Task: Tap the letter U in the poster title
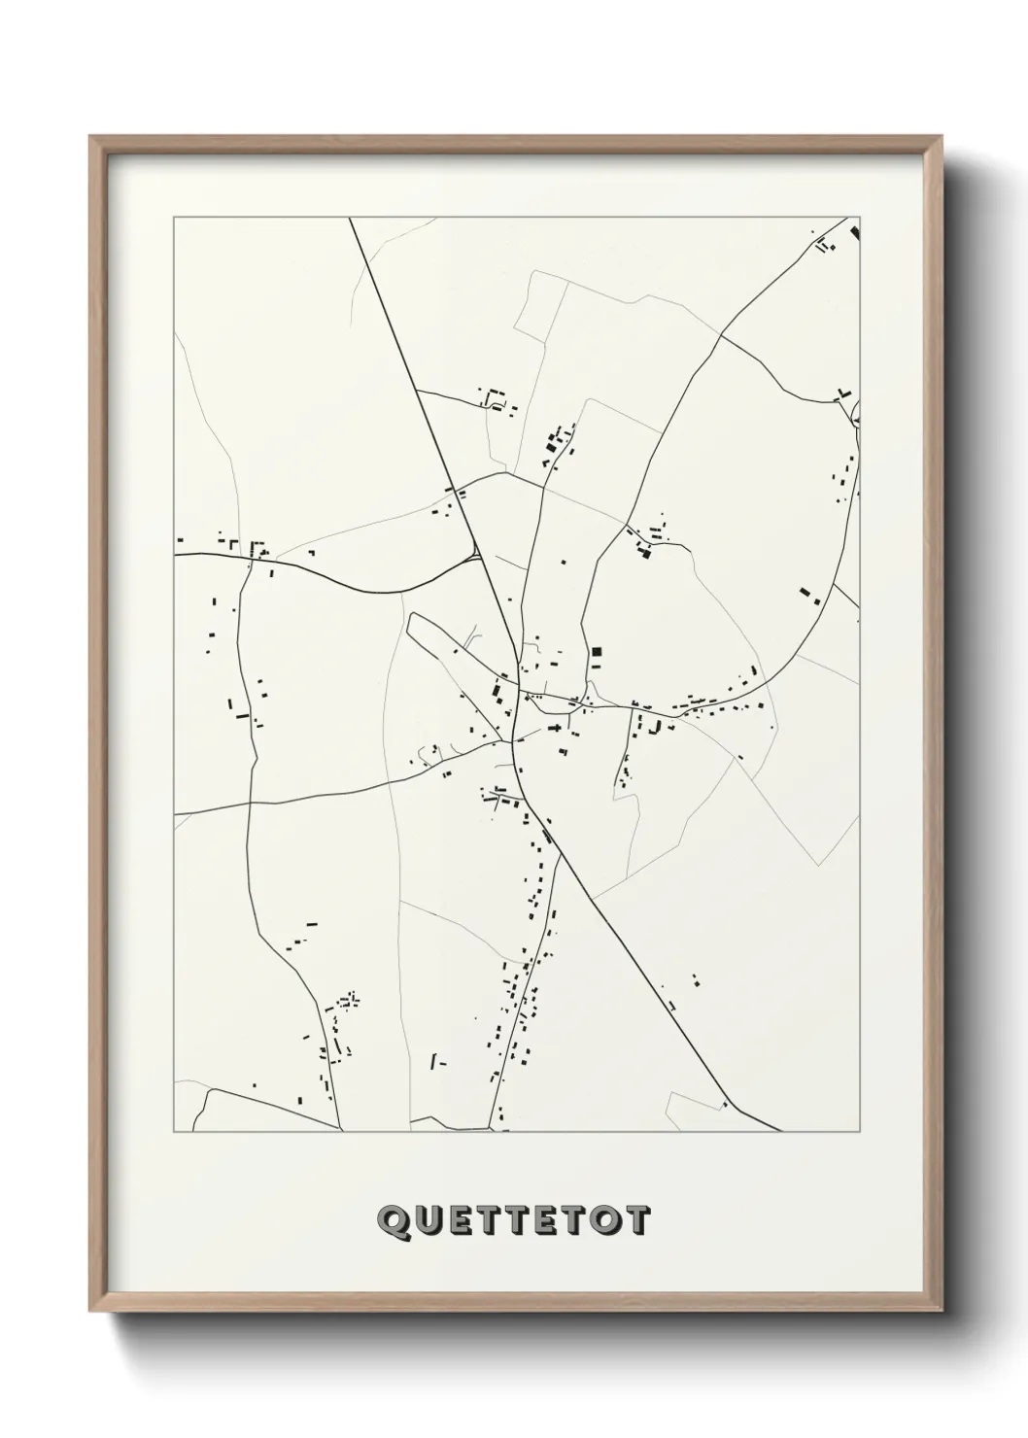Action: tap(427, 1221)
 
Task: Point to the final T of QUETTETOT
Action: tap(636, 1221)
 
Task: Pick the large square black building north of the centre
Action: tap(597, 651)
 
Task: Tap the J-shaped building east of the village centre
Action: tap(656, 726)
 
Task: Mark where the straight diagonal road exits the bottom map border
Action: tap(780, 1131)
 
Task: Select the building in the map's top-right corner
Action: tap(855, 232)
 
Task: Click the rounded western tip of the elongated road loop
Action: tap(412, 622)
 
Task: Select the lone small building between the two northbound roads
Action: tap(562, 561)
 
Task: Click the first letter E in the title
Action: tap(462, 1221)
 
